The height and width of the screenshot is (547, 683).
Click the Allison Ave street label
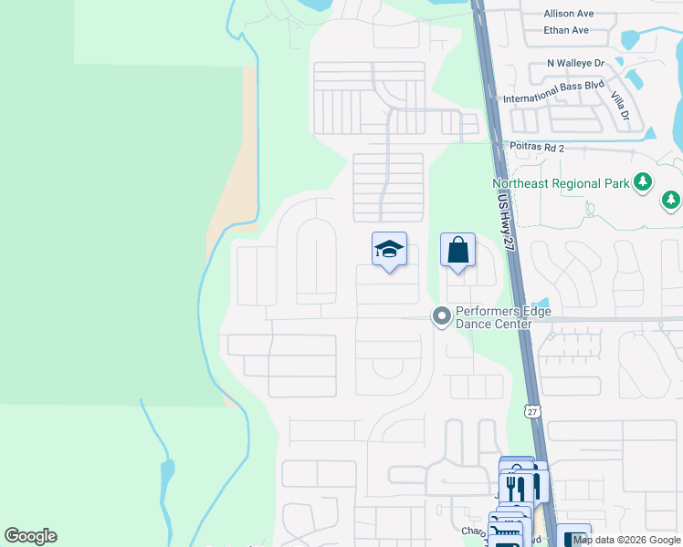coord(568,14)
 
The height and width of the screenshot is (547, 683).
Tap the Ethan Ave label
coord(566,30)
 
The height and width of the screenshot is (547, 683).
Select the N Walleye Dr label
coord(575,63)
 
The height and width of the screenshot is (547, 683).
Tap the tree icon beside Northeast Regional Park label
coord(643,182)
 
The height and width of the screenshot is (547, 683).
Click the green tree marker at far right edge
coord(671,199)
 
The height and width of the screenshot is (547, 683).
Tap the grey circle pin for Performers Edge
coord(442,316)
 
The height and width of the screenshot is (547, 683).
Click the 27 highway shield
coord(532,411)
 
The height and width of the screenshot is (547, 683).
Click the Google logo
coord(30,536)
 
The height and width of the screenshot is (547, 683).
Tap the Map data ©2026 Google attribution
coord(626,540)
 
